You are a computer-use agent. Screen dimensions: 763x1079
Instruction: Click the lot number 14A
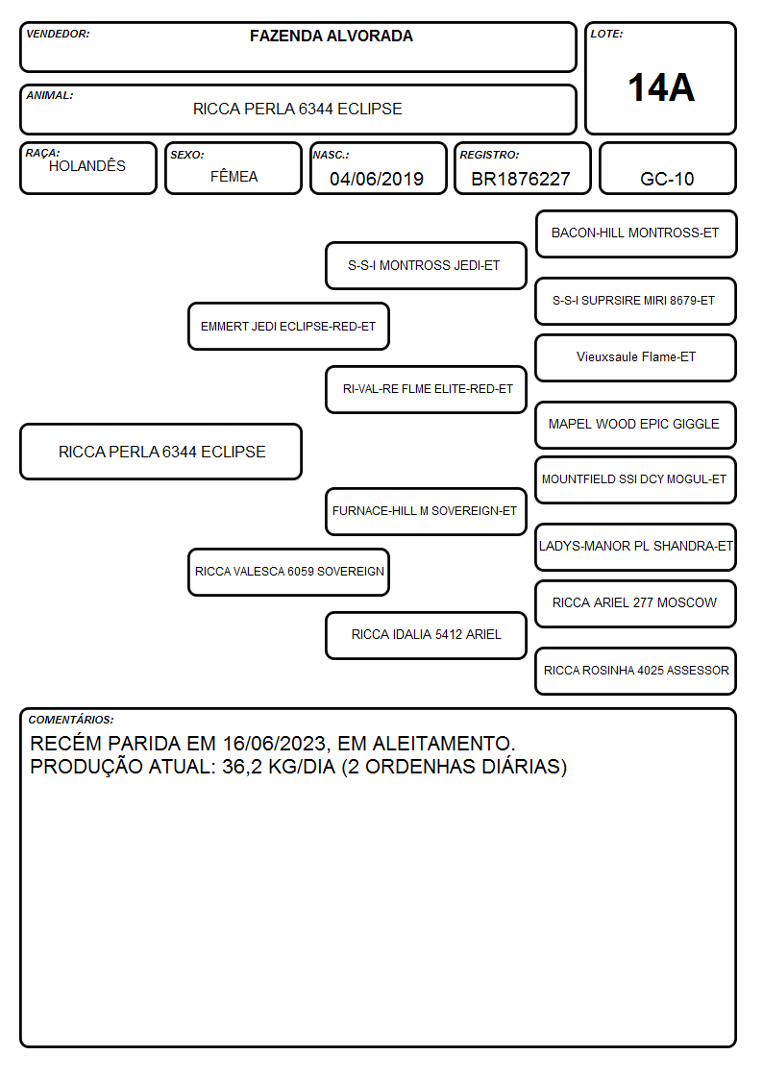(x=661, y=87)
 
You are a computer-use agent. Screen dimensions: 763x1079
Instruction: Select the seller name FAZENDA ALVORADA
(x=331, y=36)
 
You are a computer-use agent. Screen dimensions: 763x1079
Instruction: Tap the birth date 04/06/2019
(x=377, y=179)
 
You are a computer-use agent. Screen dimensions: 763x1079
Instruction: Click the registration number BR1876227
(x=521, y=179)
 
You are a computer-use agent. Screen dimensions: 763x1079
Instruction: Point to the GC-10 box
(x=667, y=168)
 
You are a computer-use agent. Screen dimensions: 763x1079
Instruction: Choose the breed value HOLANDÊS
(x=87, y=166)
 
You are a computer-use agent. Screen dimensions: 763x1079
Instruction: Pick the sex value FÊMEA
(x=234, y=177)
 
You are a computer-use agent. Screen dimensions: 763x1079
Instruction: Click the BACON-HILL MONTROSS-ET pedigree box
(x=636, y=234)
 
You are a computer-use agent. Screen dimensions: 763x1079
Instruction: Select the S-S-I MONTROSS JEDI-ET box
(x=426, y=265)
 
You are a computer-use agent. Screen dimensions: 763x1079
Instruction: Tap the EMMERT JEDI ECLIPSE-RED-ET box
(x=288, y=326)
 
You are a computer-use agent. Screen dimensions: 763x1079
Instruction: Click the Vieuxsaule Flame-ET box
(x=636, y=357)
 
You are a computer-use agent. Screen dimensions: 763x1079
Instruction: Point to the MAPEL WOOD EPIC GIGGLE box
(x=636, y=425)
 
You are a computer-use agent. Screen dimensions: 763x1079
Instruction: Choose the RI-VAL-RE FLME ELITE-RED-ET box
(x=426, y=389)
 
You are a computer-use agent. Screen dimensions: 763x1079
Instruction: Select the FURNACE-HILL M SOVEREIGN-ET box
(x=426, y=511)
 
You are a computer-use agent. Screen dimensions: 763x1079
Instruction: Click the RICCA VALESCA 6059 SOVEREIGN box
(x=288, y=572)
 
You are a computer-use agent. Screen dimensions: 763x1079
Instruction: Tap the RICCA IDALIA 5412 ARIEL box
(x=426, y=635)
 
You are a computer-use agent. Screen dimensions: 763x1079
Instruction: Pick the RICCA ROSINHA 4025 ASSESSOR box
(x=636, y=671)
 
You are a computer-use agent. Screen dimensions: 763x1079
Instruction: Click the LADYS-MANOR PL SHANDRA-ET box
(x=636, y=547)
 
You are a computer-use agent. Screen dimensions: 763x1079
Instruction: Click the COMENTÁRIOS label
(x=71, y=720)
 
